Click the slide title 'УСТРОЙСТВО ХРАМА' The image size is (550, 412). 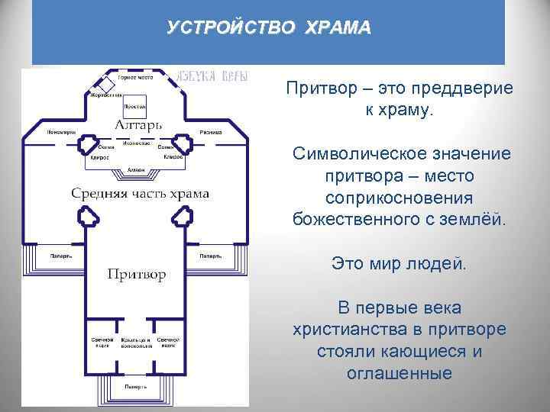click(269, 28)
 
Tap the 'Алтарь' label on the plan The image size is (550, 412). click(137, 124)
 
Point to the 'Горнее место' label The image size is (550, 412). click(135, 77)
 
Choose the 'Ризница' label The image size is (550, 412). click(211, 132)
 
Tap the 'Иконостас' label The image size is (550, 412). click(135, 143)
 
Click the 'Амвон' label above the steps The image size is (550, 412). click(137, 170)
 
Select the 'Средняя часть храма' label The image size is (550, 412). click(140, 193)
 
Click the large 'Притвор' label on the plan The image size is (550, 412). click(136, 274)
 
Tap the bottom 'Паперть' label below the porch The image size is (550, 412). click(136, 388)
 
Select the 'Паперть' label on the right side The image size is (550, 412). click(211, 256)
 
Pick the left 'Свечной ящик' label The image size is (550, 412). click(104, 341)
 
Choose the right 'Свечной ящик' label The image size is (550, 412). click(168, 341)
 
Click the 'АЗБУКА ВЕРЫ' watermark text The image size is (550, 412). click(201, 76)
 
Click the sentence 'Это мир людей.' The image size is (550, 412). click(398, 264)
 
